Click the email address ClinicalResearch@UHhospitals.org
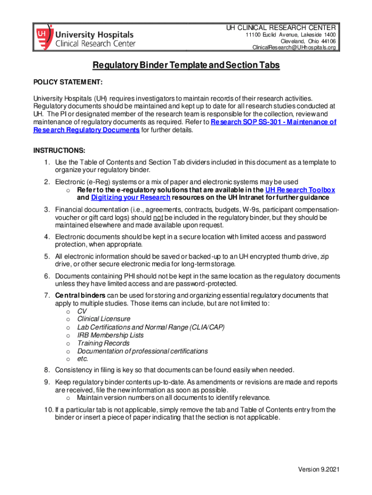pyautogui.click(x=294, y=47)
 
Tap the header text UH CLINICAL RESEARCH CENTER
pyautogui.click(x=281, y=27)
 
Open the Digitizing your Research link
pyautogui.click(x=130, y=198)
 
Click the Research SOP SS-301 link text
pyautogui.click(x=273, y=122)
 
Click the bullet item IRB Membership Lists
pyautogui.click(x=110, y=335)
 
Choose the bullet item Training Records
pyautogui.click(x=103, y=343)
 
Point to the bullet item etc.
pyautogui.click(x=83, y=359)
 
